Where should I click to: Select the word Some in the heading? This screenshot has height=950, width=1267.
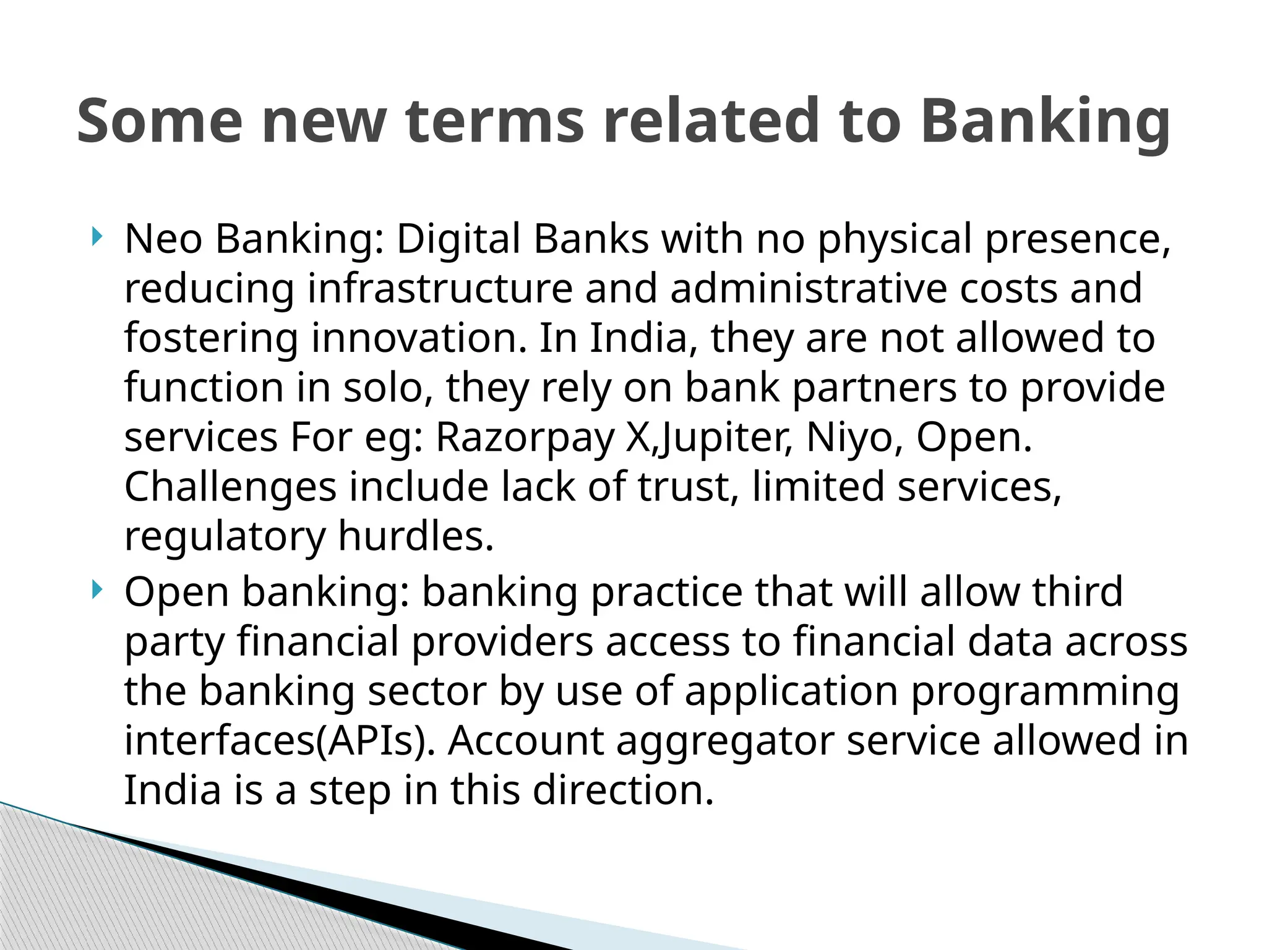pos(160,122)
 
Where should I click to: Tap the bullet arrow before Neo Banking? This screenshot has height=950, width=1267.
pos(96,236)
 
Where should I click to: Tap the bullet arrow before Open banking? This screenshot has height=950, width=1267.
pos(96,589)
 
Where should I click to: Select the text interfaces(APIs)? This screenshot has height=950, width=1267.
pos(280,741)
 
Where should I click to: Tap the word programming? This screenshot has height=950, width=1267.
pos(1046,691)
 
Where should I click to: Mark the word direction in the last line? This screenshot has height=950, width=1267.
pos(623,790)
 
